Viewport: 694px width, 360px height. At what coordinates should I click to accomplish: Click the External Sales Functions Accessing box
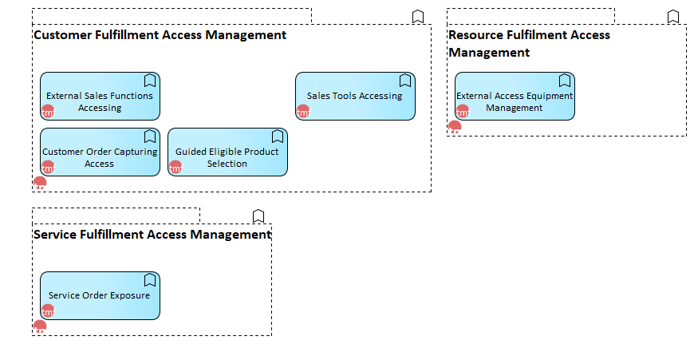tap(100, 96)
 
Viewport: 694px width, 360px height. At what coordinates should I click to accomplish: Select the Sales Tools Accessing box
tap(356, 96)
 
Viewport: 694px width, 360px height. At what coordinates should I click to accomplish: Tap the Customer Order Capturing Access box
tap(100, 152)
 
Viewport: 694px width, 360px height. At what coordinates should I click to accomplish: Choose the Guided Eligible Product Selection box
tap(227, 152)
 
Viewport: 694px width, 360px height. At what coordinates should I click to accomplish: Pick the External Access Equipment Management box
tap(515, 96)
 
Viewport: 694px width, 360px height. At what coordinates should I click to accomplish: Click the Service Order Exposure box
tap(100, 295)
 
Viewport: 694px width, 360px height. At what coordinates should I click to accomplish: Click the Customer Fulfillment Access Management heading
tap(160, 35)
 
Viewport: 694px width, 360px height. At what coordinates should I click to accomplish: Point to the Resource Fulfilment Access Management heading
tap(529, 43)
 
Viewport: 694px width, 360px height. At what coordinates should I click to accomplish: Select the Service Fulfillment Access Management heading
tap(152, 234)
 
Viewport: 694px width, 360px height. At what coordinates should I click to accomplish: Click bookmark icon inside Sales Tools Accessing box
tap(405, 81)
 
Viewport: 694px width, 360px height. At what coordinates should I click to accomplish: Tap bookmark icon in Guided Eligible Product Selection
tap(278, 136)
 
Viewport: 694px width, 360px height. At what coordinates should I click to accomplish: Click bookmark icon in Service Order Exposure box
tap(150, 280)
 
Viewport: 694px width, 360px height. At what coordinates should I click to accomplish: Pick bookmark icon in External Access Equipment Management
tap(564, 81)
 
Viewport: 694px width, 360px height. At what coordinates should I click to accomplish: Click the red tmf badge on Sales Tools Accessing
tap(303, 111)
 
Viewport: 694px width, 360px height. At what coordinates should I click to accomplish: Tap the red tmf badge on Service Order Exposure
tap(48, 311)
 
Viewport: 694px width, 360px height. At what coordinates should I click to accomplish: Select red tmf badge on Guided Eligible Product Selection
tap(175, 167)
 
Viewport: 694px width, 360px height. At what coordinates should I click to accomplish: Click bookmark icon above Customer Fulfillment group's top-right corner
tap(418, 17)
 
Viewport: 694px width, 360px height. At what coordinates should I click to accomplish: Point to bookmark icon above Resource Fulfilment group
tap(673, 17)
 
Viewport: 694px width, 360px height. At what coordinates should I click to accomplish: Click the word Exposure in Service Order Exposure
tap(131, 295)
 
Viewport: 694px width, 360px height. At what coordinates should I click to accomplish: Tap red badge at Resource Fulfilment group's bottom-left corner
tap(455, 127)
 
